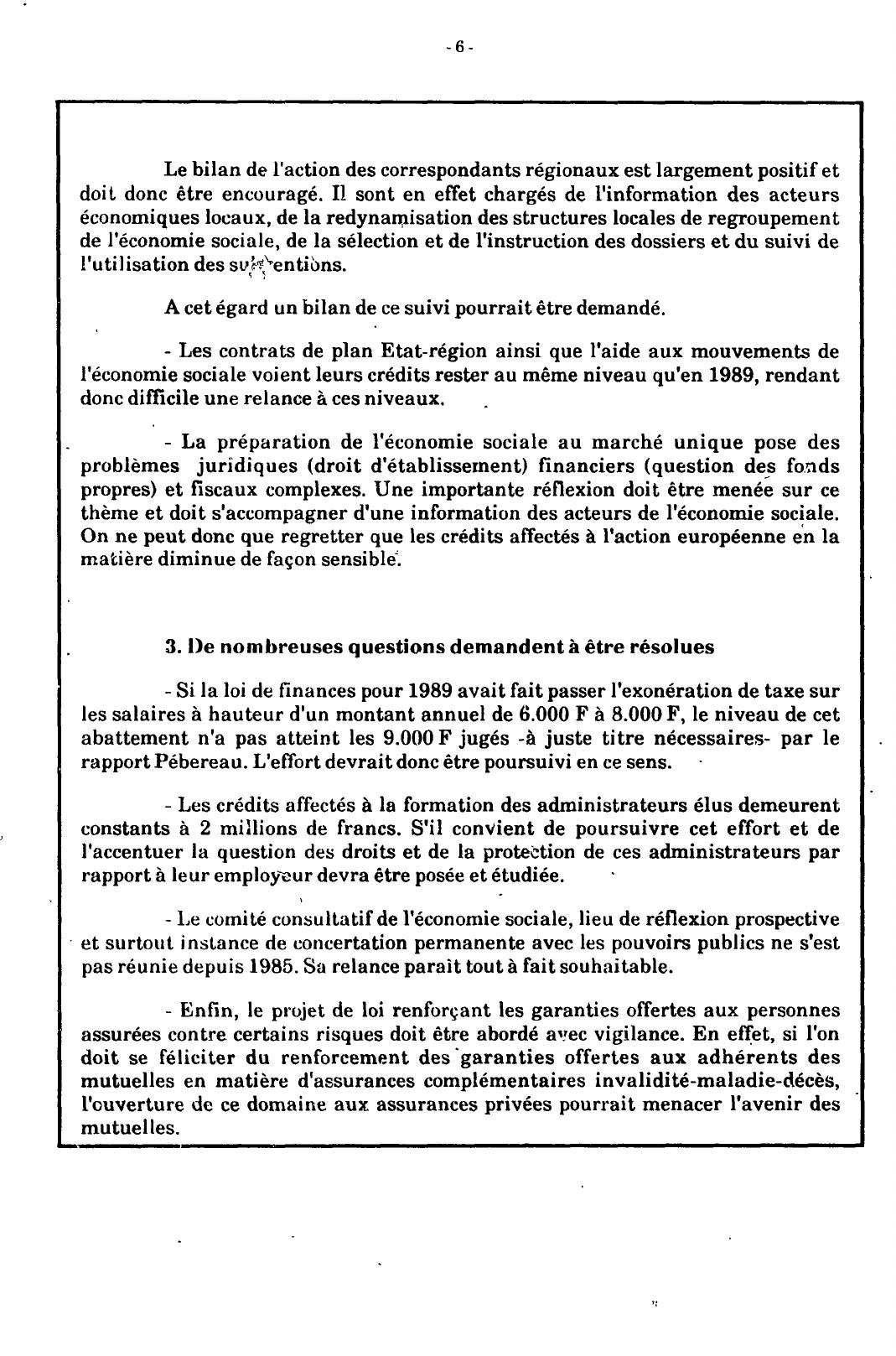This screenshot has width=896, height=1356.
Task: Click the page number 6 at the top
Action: (x=458, y=47)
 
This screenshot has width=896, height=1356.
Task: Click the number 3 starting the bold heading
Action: (x=170, y=647)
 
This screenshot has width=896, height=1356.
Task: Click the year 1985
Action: (x=269, y=966)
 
